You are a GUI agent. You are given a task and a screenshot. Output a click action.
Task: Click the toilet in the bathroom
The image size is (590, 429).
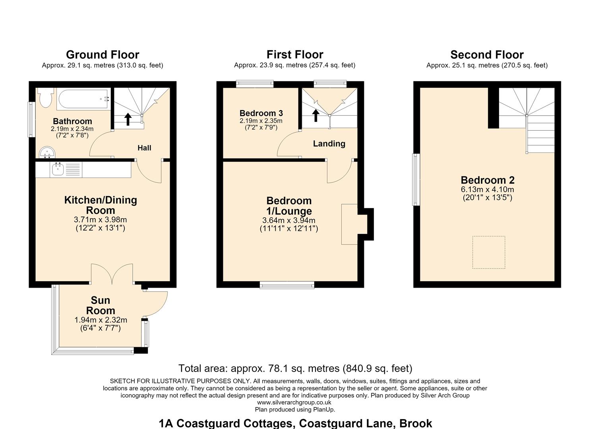45,97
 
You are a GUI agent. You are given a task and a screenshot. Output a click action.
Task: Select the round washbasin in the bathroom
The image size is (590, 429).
47,153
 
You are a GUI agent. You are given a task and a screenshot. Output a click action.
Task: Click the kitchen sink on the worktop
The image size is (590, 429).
58,169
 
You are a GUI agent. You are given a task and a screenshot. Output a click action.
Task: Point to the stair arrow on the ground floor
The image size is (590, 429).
128,119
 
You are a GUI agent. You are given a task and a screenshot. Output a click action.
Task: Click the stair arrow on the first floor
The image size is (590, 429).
316,116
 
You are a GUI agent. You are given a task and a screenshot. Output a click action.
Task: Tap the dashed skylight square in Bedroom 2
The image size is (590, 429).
489,252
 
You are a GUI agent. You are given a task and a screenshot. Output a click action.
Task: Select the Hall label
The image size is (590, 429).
144,148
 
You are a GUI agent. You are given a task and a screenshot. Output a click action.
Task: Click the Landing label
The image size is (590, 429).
329,143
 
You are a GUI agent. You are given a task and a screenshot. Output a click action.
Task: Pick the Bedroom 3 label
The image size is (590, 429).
261,113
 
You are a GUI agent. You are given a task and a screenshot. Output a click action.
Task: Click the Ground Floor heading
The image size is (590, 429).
103,55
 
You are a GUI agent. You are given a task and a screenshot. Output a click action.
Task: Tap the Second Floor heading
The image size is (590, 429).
487,55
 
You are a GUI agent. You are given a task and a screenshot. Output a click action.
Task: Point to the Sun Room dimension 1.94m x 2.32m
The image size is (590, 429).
101,320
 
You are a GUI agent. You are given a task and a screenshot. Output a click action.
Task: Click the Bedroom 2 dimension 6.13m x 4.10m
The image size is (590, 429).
487,189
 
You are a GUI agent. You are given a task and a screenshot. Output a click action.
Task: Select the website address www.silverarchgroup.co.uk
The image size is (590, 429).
294,402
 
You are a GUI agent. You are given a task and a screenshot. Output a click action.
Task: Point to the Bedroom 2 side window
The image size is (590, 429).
416,180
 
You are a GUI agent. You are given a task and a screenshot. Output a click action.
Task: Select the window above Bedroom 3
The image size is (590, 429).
255,84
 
